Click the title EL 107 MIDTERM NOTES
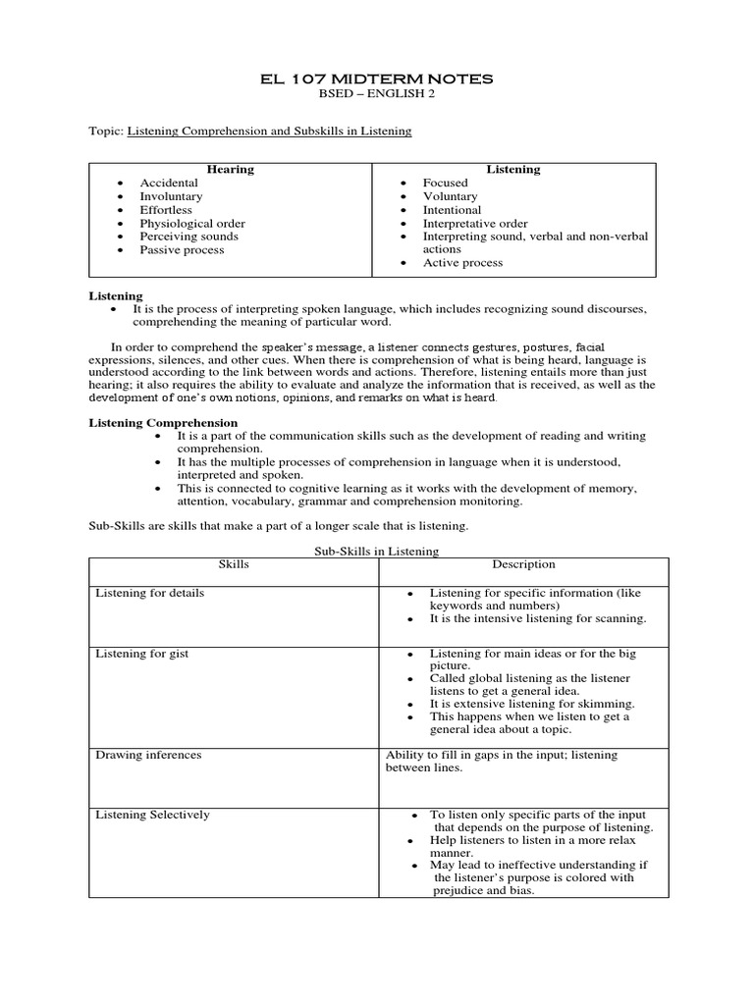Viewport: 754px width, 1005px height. [376, 79]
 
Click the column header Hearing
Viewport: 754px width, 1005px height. [231, 170]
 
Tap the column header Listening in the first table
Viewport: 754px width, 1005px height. [513, 170]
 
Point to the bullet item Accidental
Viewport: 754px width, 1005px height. [168, 183]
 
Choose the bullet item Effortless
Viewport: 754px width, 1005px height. [166, 210]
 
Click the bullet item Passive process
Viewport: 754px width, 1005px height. [182, 250]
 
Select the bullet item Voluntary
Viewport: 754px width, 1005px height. [450, 196]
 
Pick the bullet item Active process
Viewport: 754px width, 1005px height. [462, 263]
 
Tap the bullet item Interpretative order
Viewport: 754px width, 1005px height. [474, 224]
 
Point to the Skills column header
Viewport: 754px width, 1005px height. [233, 565]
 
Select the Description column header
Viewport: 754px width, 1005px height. [523, 564]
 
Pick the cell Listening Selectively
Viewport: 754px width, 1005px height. [151, 815]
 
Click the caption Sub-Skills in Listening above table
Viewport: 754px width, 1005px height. [376, 552]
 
